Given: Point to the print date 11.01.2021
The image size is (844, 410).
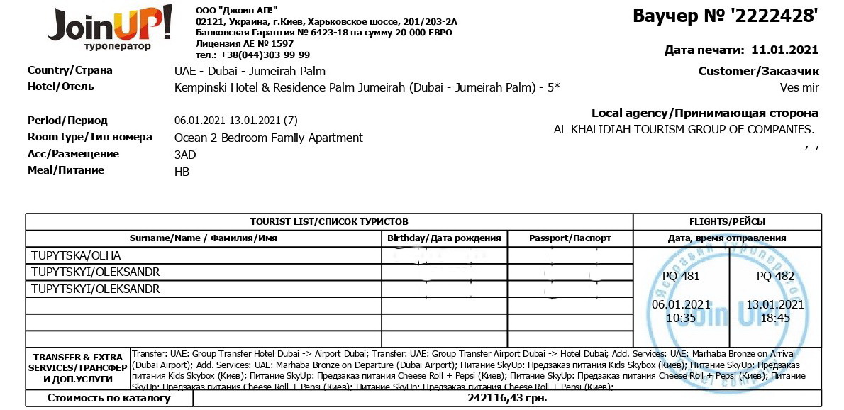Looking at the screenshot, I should (784, 50).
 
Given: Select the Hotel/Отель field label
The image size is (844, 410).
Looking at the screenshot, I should (61, 87).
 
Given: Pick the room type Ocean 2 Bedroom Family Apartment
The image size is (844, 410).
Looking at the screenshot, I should (268, 138).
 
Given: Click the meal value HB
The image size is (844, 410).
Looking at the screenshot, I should (182, 171).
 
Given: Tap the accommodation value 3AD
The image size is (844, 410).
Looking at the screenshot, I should (184, 155).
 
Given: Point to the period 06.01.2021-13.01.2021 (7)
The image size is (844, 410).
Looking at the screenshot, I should (235, 121).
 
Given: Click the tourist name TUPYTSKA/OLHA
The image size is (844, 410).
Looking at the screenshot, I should (76, 255).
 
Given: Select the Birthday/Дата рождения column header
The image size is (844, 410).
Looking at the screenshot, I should (445, 238).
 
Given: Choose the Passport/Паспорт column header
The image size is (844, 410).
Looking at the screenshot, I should (570, 238).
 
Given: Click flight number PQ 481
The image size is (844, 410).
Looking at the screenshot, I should (680, 276).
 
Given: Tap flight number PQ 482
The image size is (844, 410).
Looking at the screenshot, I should (775, 276).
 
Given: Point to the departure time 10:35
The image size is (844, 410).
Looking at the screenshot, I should (680, 318).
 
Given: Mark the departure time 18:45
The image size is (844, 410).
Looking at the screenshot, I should (775, 318).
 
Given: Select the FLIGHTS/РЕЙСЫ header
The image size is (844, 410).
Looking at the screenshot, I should (727, 221).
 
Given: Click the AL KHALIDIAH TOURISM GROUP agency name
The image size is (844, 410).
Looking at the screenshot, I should (684, 129).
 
